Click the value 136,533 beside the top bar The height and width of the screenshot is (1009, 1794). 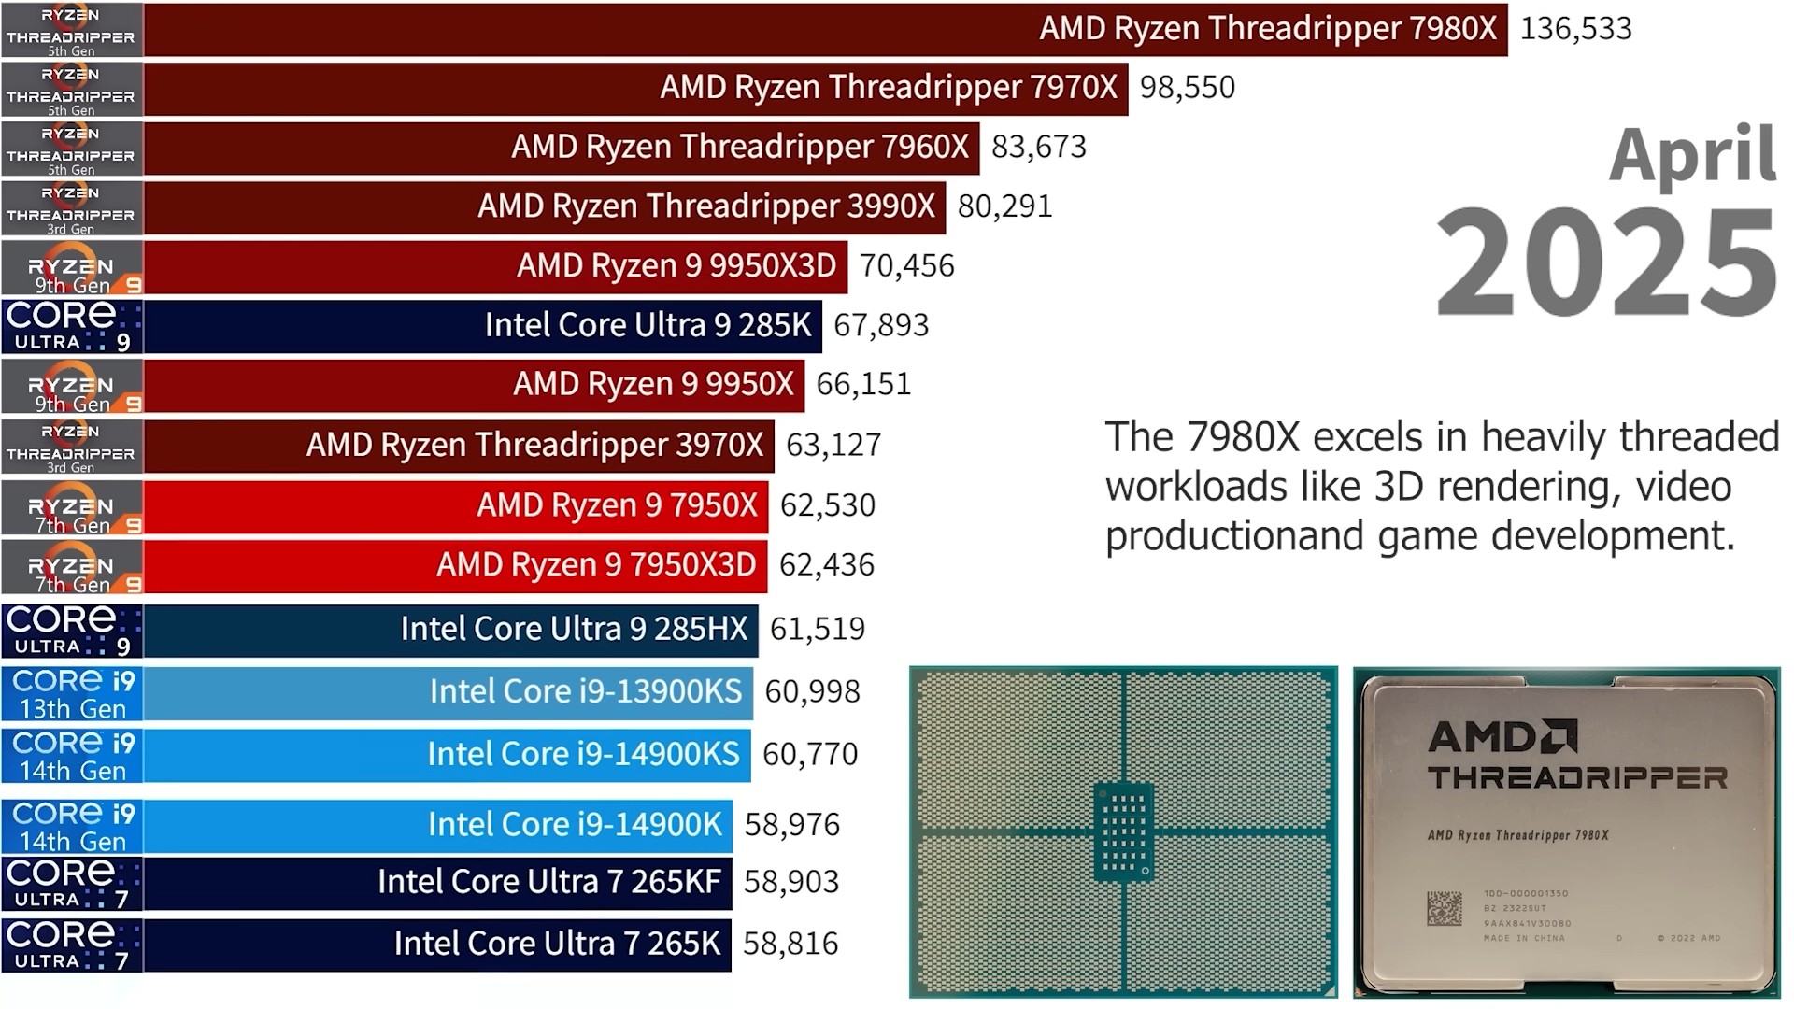1575,29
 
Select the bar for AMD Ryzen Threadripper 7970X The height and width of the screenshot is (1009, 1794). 635,89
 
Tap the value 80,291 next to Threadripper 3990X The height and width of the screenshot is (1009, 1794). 1004,206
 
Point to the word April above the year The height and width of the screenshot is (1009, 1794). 1691,154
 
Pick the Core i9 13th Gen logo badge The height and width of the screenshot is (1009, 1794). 72,693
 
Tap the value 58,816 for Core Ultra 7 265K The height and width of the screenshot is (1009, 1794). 790,945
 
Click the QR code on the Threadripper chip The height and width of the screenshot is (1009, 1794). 1444,908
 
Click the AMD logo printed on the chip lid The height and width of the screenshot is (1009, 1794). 1502,737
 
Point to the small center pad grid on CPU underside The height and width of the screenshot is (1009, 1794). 1123,831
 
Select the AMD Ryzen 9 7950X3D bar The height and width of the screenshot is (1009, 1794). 456,566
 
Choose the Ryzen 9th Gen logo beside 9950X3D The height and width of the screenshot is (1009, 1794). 72,267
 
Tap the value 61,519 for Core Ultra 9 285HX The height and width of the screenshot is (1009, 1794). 818,630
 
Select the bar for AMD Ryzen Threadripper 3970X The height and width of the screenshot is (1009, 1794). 459,446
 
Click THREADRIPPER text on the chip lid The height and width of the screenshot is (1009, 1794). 1577,777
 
